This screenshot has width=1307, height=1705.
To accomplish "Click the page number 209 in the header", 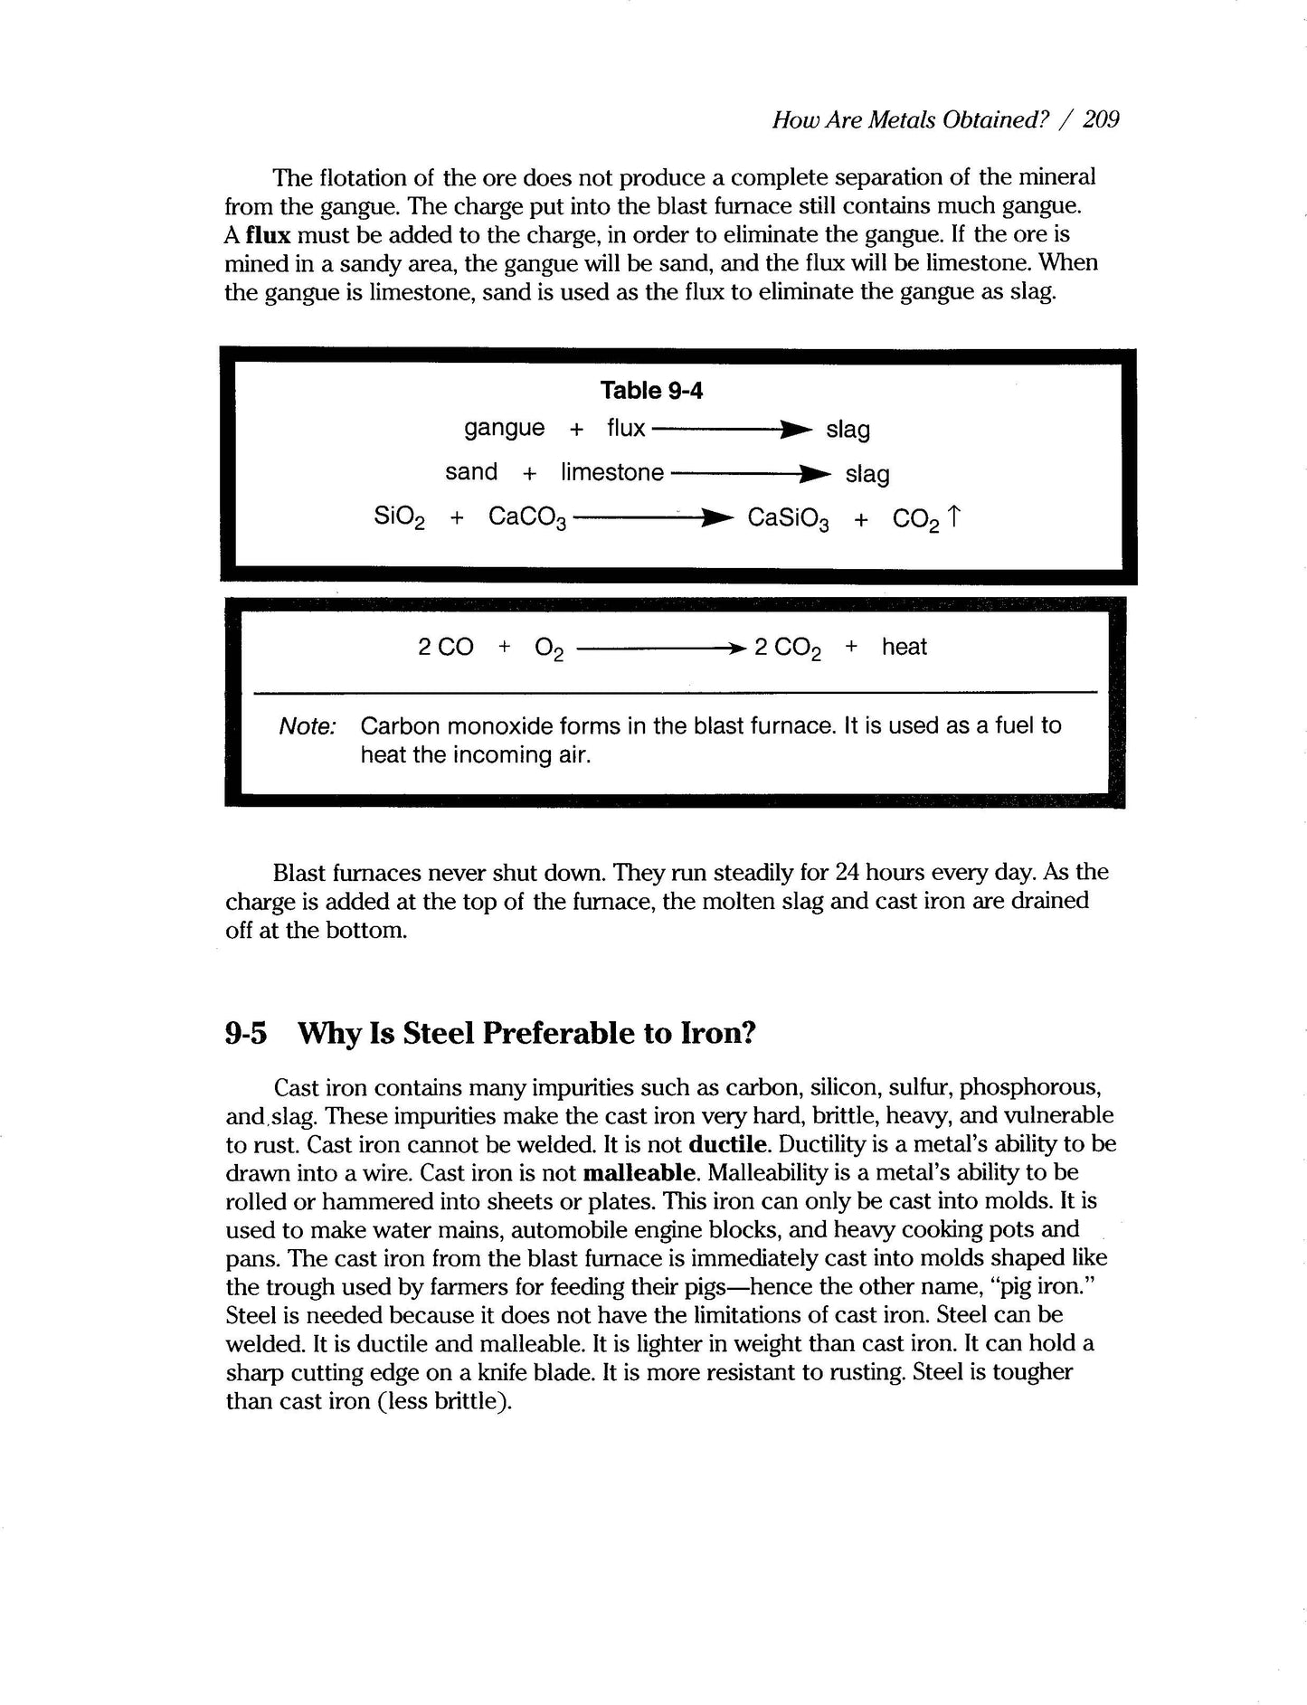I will click(1101, 119).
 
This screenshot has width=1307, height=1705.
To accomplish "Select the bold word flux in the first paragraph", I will click(268, 235).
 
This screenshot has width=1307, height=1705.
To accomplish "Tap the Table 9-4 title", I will click(651, 390).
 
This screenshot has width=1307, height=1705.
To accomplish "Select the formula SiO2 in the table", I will click(399, 518).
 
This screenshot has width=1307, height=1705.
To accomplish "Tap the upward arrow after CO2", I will click(953, 516).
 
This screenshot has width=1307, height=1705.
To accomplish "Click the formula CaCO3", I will click(527, 518).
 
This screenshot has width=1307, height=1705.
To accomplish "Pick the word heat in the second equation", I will click(904, 647).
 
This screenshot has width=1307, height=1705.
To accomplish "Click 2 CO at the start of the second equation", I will click(445, 647).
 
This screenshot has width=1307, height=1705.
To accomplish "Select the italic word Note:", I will click(308, 726).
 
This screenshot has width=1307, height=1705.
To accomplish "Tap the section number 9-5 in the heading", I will click(246, 1033).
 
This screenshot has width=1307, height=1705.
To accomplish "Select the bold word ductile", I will click(728, 1144).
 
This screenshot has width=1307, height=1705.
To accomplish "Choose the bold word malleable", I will click(641, 1173).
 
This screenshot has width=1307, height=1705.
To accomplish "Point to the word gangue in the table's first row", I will click(504, 428).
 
